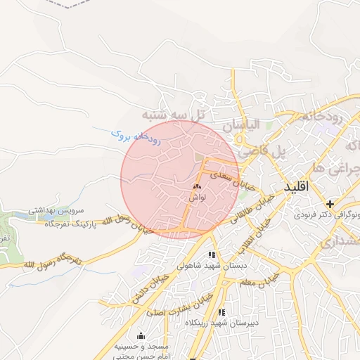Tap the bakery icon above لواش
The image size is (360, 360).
click(196, 187)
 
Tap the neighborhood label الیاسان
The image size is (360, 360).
click(241, 124)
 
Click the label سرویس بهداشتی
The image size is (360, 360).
click(56, 210)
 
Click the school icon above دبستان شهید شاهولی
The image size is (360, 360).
click(212, 255)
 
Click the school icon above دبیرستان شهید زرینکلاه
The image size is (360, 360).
click(222, 312)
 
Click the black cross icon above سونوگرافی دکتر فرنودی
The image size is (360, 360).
click(330, 204)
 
